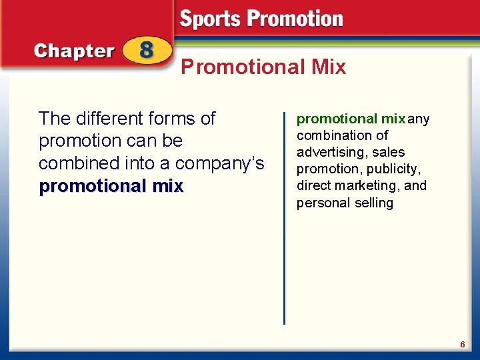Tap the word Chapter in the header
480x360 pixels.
74,51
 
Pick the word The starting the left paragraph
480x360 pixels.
55,119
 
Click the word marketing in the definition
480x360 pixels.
369,185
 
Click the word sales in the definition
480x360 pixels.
389,152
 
